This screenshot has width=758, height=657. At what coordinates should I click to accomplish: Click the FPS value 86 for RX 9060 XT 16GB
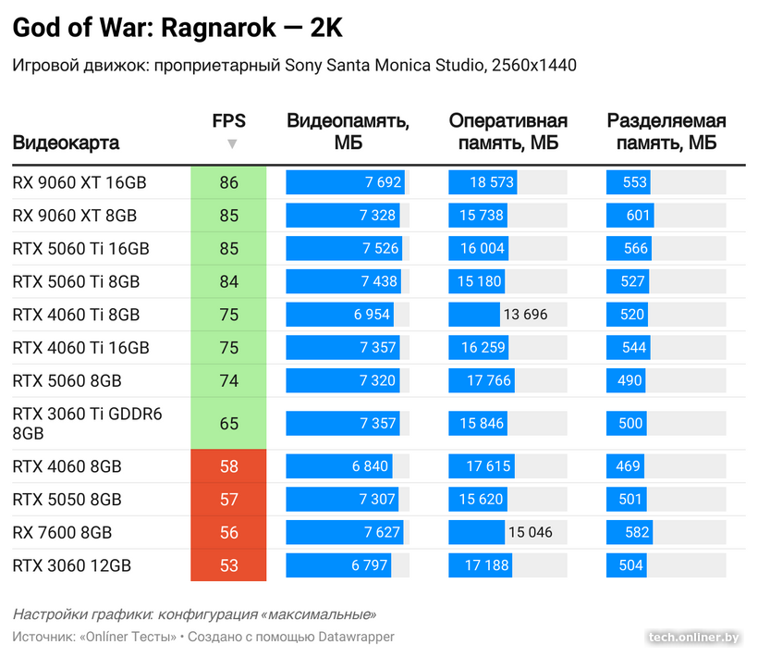[228, 182]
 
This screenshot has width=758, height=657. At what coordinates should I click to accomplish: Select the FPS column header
[228, 121]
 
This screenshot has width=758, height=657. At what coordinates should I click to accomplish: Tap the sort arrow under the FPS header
[232, 143]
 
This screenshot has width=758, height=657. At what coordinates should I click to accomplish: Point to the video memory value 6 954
[372, 315]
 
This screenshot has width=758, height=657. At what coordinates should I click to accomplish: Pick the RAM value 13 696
[525, 315]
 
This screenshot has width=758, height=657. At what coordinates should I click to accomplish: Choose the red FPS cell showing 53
[228, 565]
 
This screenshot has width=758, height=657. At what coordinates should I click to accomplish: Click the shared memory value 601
[638, 216]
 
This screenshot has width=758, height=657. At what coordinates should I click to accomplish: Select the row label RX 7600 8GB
[62, 532]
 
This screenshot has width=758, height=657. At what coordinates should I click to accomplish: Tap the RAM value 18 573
[491, 182]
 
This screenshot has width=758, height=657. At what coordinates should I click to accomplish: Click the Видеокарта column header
[66, 143]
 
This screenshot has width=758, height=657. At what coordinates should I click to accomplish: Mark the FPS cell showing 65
[228, 424]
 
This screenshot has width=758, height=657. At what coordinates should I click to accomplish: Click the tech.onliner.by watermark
[693, 637]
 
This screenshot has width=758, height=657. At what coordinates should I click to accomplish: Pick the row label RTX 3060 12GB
[72, 565]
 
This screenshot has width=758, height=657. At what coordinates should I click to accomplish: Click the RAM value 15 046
[530, 532]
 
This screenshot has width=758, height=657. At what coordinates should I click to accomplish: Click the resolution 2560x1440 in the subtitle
[534, 65]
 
